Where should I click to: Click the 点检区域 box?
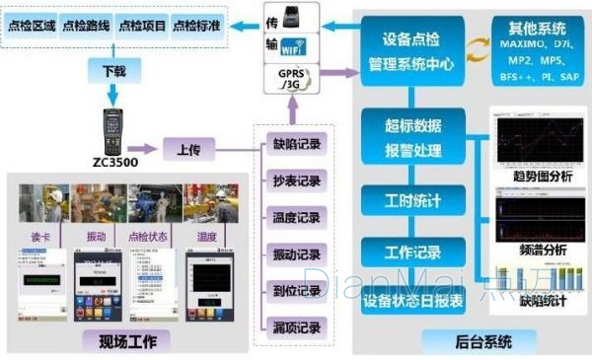tap(32, 26)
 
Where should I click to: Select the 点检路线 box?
tap(87, 26)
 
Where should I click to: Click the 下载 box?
tap(114, 71)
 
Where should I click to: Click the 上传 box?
tap(188, 149)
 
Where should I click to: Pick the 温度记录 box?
tap(296, 217)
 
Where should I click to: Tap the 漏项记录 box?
tap(296, 326)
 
